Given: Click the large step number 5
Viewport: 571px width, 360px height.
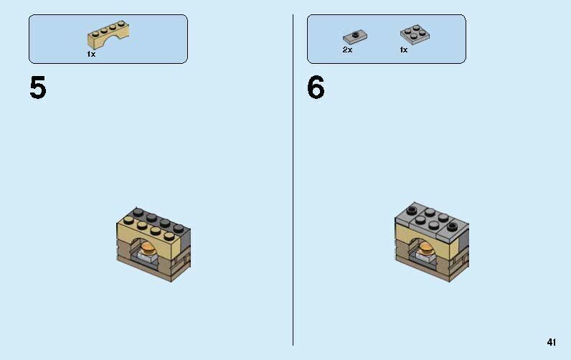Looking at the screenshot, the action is (x=38, y=87).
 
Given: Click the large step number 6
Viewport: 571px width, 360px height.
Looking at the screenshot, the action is (x=316, y=87).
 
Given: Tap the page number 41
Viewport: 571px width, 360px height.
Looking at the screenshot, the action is (x=552, y=342).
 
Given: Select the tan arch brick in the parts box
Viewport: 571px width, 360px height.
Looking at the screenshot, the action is (x=108, y=35).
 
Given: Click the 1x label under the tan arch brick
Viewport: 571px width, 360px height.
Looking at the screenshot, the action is (x=91, y=55).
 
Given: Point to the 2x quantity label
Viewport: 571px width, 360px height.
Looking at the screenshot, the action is (x=347, y=50).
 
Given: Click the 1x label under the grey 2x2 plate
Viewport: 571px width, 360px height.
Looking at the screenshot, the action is (x=403, y=50).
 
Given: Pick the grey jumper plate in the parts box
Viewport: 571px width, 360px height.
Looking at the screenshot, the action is (x=355, y=37).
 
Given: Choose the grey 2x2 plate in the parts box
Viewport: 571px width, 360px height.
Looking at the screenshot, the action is (x=415, y=34).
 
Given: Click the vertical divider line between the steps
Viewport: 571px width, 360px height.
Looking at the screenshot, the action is (x=293, y=180).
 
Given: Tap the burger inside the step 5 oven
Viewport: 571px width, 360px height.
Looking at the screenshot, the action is (x=148, y=249).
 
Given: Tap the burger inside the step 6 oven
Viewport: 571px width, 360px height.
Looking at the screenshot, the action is (x=425, y=249).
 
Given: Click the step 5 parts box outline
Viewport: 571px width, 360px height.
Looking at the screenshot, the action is (x=29, y=39).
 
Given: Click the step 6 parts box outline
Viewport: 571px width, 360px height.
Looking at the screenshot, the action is (x=307, y=39).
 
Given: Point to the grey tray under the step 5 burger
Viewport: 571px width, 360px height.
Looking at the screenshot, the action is (x=148, y=258).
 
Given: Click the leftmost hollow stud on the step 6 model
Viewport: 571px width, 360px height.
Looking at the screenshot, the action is (x=412, y=210).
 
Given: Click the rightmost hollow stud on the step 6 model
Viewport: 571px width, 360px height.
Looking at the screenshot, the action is (x=452, y=227).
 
